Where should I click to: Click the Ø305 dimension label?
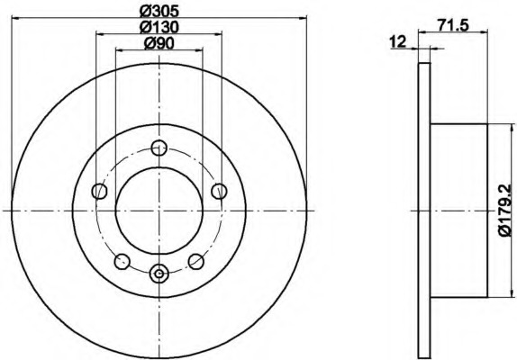click(159, 12)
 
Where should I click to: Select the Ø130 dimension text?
click(159, 27)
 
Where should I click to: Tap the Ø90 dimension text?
click(159, 43)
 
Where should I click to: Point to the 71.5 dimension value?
click(453, 25)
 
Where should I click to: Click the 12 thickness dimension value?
click(398, 41)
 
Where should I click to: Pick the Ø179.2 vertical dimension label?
click(504, 210)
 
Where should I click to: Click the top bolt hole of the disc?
click(159, 148)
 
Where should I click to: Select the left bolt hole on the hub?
click(100, 191)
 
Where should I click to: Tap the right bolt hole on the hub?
click(219, 191)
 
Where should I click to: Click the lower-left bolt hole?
click(122, 261)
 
